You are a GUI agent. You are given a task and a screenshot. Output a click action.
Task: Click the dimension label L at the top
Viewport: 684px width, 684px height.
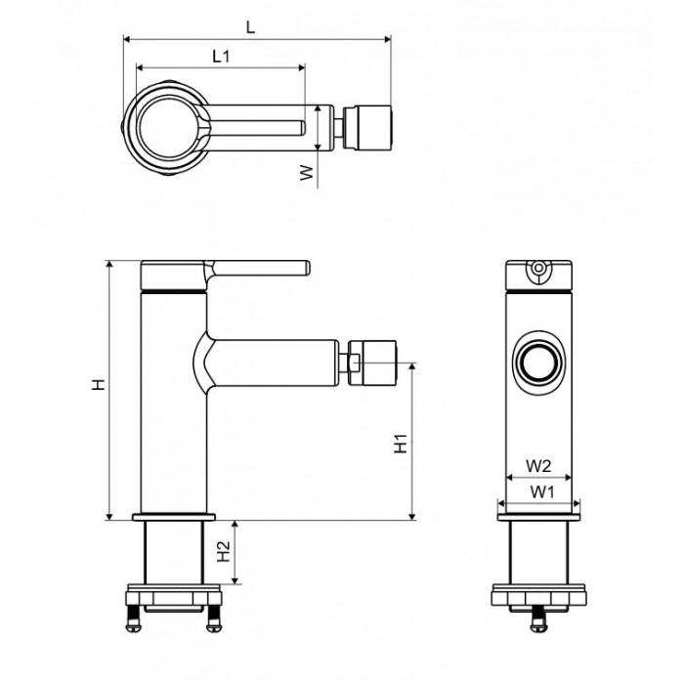(x=250, y=27)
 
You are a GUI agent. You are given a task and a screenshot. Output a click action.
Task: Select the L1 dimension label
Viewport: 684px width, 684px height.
(x=221, y=56)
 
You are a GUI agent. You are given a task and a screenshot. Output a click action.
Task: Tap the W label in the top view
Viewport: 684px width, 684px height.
(x=307, y=173)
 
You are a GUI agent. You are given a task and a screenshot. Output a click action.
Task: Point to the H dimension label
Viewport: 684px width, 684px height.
(x=99, y=384)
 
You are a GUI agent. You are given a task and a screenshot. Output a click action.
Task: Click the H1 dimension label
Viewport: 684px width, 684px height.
(x=401, y=444)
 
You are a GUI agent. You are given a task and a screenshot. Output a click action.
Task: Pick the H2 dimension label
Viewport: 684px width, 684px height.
(x=224, y=552)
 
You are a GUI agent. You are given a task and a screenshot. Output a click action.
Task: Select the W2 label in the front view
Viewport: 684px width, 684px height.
(x=538, y=466)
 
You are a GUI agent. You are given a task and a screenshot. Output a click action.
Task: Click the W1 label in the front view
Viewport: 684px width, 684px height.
(x=541, y=492)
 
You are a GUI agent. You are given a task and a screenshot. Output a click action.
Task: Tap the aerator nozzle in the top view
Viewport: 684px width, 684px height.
(x=369, y=128)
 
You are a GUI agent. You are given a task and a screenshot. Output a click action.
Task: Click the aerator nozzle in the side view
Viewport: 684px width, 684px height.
(x=372, y=363)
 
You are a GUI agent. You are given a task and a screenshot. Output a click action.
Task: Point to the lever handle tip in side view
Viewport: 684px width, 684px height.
(x=307, y=268)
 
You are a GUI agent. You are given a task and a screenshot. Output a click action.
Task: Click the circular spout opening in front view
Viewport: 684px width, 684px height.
(x=539, y=363)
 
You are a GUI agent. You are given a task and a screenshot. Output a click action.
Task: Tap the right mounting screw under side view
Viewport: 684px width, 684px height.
(x=213, y=619)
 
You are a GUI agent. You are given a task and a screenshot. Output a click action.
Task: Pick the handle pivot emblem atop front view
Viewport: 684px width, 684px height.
(x=539, y=271)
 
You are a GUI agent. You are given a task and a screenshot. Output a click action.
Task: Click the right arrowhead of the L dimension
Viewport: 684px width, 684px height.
(x=387, y=40)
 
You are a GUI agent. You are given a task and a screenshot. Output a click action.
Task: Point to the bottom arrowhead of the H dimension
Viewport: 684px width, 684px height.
(x=109, y=516)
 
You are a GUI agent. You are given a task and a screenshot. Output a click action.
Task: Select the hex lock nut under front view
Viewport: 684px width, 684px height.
(x=539, y=594)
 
